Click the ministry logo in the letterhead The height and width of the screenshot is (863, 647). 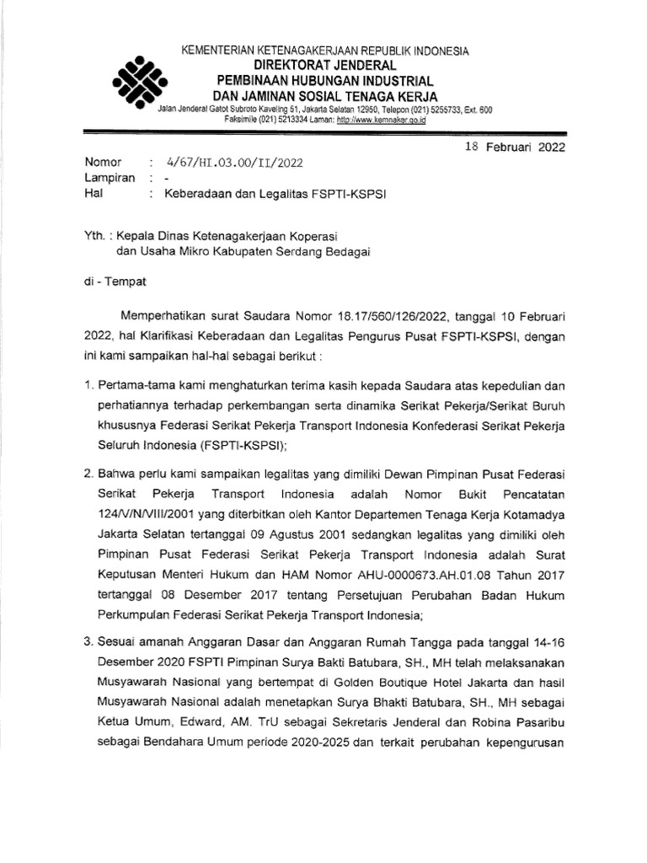click(x=139, y=80)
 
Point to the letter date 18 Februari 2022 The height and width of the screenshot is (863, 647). click(x=516, y=146)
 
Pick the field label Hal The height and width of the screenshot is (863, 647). click(x=94, y=194)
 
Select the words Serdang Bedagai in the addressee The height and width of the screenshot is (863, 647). click(x=329, y=250)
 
